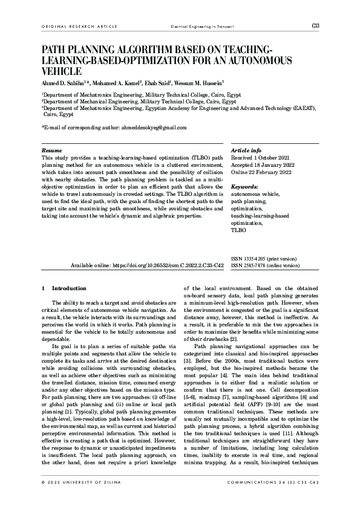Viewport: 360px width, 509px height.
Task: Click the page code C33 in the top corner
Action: click(x=315, y=25)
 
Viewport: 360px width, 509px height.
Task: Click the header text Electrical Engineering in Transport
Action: click(x=202, y=27)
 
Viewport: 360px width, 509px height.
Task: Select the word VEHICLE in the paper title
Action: click(x=62, y=71)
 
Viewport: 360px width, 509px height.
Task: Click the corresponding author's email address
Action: click(x=145, y=128)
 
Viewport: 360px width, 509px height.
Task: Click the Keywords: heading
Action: click(x=244, y=187)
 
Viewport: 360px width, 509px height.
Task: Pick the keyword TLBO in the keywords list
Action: click(x=238, y=230)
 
